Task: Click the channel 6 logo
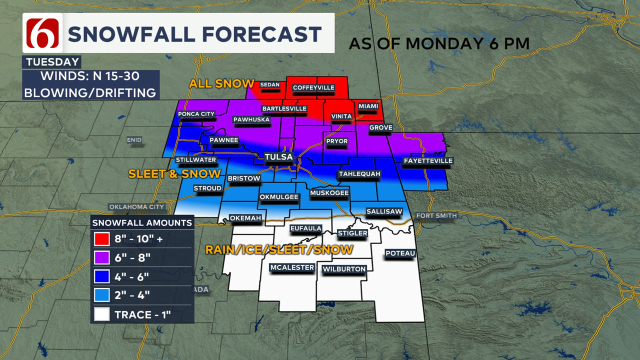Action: click(42, 33)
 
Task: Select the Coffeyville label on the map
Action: click(313, 87)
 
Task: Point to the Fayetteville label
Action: click(428, 161)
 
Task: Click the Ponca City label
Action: click(196, 114)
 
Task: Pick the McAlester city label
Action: click(292, 267)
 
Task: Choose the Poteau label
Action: click(400, 253)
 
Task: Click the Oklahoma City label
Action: click(136, 207)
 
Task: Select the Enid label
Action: click(134, 140)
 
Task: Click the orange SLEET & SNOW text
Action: click(174, 174)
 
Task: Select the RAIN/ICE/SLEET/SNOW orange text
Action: click(279, 249)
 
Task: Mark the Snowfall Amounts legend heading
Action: click(142, 222)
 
